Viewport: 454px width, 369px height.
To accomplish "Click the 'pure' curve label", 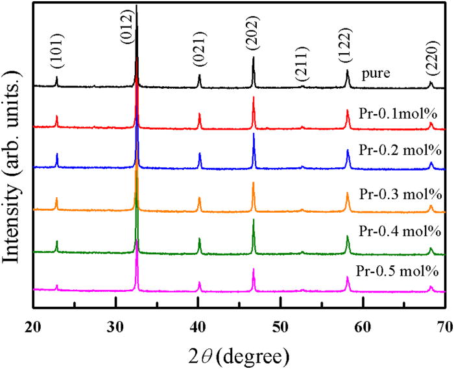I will [x=376, y=73].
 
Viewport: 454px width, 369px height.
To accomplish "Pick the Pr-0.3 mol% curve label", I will [x=400, y=194].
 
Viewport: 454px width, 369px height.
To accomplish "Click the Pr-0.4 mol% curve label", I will [x=400, y=232].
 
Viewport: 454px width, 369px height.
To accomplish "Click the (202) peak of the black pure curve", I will [x=253, y=58].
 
